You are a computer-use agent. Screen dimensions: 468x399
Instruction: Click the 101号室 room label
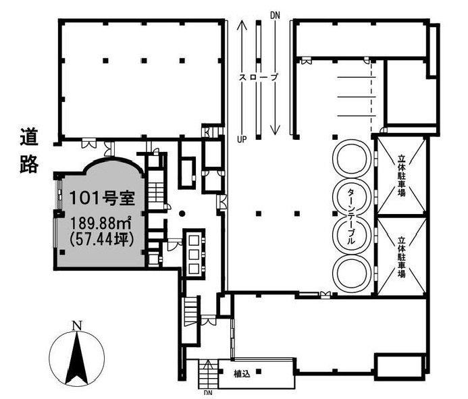(102, 198)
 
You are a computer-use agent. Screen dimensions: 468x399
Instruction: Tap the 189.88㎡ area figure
(101, 223)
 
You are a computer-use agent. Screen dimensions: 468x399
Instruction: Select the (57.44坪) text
(101, 239)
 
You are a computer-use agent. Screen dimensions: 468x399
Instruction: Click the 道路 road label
(29, 151)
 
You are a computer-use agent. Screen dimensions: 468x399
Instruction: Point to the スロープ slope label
(259, 77)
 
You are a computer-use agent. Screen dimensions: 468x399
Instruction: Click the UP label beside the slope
(242, 139)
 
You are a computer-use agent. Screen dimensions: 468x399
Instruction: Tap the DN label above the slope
(275, 16)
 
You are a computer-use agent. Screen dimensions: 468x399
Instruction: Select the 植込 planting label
(242, 374)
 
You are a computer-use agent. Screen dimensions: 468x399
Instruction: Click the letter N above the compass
(77, 325)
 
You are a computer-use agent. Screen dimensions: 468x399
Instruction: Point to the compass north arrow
(77, 358)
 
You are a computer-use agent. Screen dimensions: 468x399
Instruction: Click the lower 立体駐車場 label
(401, 257)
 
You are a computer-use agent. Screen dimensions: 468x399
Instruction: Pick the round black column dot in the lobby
(182, 213)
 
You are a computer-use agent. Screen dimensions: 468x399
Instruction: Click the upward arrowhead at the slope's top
(242, 24)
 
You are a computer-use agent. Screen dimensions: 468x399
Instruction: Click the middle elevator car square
(194, 255)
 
